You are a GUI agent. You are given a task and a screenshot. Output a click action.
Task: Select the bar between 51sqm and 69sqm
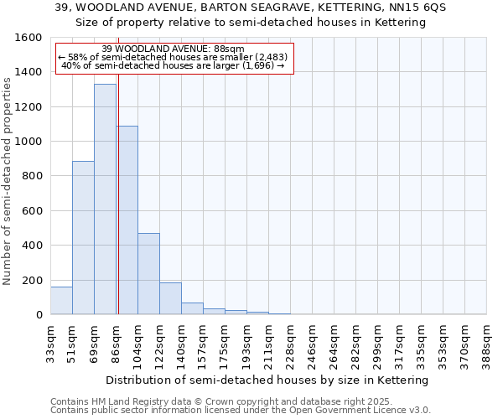pyautogui.click(x=83, y=238)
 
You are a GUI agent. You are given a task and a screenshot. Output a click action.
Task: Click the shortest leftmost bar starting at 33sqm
pyautogui.click(x=61, y=301)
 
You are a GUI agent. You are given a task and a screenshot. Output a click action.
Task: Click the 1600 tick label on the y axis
pyautogui.click(x=29, y=38)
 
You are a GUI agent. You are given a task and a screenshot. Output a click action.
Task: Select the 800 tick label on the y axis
pyautogui.click(x=33, y=176)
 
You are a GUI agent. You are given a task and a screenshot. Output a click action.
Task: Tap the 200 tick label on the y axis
pyautogui.click(x=33, y=280)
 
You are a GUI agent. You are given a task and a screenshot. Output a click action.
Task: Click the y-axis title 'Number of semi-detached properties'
pyautogui.click(x=8, y=177)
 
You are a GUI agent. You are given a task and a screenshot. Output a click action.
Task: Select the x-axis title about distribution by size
pyautogui.click(x=268, y=380)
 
